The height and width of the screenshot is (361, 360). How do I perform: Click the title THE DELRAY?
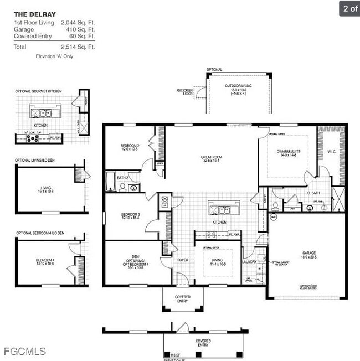pyautogui.click(x=34, y=14)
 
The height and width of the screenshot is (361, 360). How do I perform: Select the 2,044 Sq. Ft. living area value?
pyautogui.click(x=78, y=23)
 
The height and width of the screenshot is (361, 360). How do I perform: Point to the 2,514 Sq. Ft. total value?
pyautogui.click(x=78, y=47)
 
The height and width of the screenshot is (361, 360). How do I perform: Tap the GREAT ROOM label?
pyautogui.click(x=211, y=157)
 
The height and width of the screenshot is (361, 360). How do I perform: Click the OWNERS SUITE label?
pyautogui.click(x=289, y=151)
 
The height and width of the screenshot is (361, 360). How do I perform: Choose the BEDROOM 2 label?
pyautogui.click(x=130, y=146)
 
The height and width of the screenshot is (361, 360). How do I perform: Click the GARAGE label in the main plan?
pyautogui.click(x=309, y=253)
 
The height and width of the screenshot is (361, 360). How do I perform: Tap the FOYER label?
pyautogui.click(x=182, y=260)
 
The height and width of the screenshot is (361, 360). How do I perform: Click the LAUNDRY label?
pyautogui.click(x=250, y=262)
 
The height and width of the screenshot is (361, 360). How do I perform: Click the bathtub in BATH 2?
pyautogui.click(x=111, y=182)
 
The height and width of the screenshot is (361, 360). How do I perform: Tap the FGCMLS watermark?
pyautogui.click(x=25, y=351)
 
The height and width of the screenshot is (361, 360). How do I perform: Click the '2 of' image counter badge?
pyautogui.click(x=349, y=8)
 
